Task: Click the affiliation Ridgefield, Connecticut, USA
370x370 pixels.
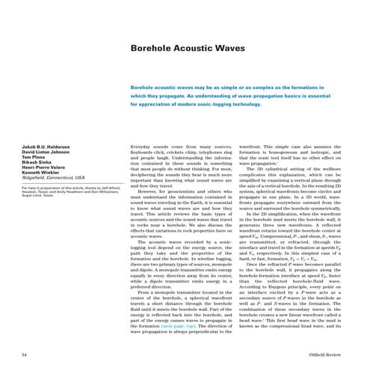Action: pyautogui.click(x=47, y=176)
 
